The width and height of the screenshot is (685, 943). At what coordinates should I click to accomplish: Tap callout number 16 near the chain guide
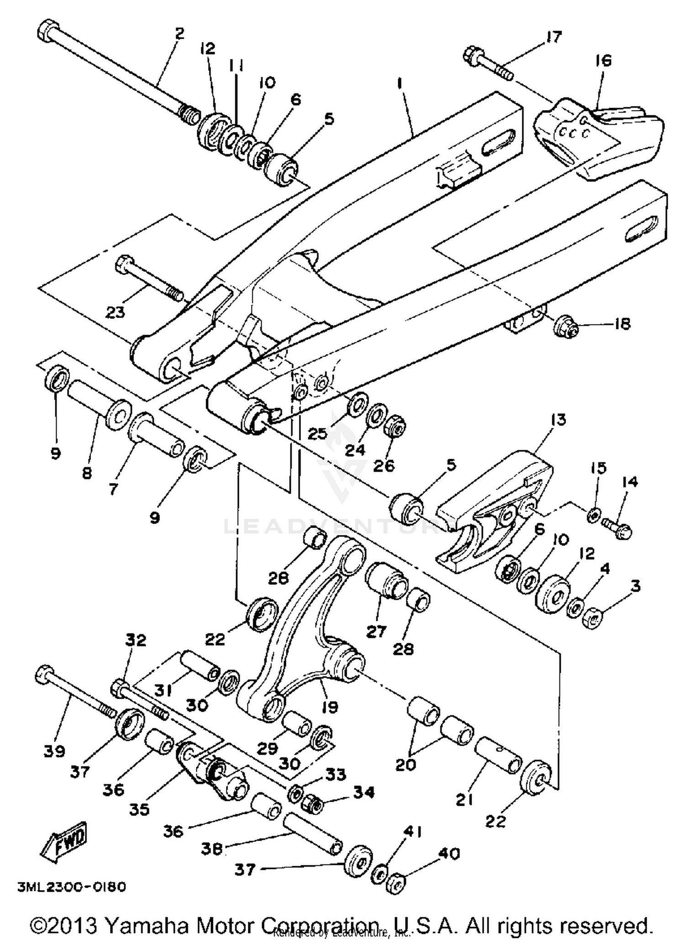point(603,61)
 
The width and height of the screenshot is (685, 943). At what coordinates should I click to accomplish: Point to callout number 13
point(558,419)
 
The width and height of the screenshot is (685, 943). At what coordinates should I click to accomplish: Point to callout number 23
point(115,313)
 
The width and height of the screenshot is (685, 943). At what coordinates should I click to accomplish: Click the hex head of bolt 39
point(44,673)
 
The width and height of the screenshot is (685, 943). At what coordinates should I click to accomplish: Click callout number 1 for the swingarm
point(400,84)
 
